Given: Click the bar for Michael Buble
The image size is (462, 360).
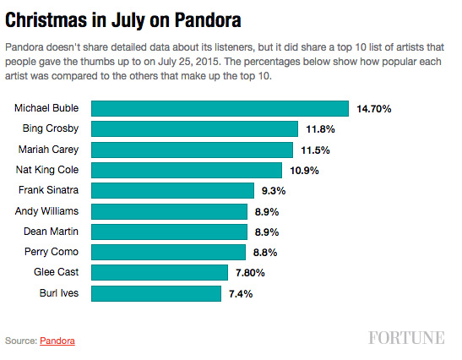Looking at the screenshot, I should coord(220,108).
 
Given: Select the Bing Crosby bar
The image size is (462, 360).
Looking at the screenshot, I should coord(194,128).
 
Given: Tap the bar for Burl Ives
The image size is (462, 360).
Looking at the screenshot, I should coord(155,293).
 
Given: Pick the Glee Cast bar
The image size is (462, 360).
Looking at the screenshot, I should coord(159,272).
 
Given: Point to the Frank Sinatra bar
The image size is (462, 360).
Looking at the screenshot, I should coord(172,190).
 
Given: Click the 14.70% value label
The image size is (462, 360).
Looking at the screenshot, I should coord(374,108).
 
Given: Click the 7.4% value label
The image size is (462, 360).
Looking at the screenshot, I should coord(240,293).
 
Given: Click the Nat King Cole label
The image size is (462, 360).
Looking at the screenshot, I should coord(48,170).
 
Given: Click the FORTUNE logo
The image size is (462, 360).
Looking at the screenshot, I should coord(406,338).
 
